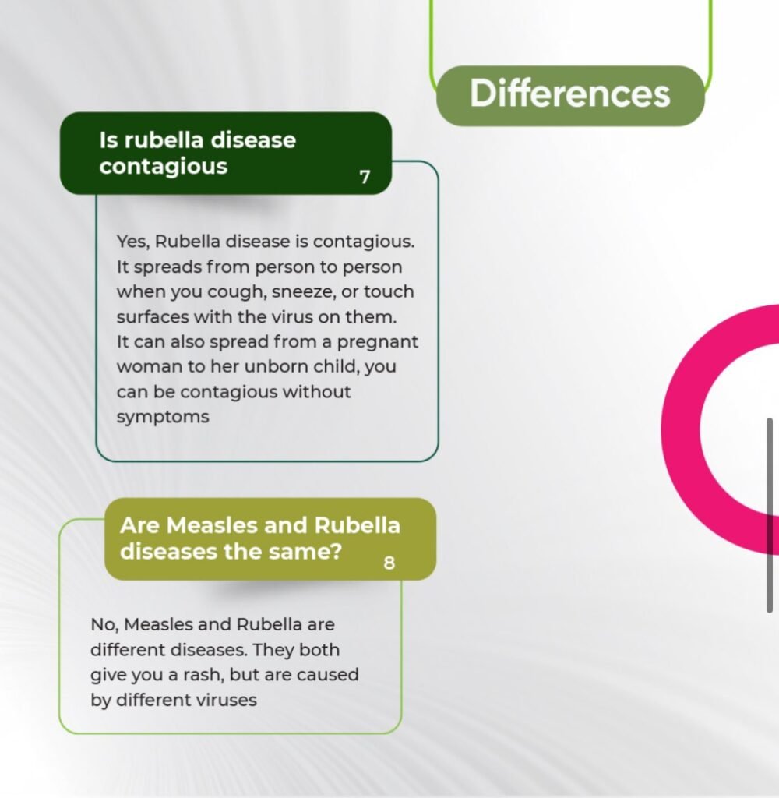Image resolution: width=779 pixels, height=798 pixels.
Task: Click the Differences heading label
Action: click(570, 94)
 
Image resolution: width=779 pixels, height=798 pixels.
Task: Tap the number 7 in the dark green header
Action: click(365, 177)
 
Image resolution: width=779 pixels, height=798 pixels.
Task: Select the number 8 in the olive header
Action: click(389, 563)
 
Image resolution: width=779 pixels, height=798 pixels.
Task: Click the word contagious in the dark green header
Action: click(164, 167)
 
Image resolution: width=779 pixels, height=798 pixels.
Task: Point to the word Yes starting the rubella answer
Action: click(132, 242)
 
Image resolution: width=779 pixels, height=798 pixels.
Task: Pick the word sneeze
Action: click(304, 292)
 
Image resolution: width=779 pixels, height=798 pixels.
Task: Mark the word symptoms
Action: click(163, 418)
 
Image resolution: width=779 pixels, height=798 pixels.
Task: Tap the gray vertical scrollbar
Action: click(770, 515)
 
